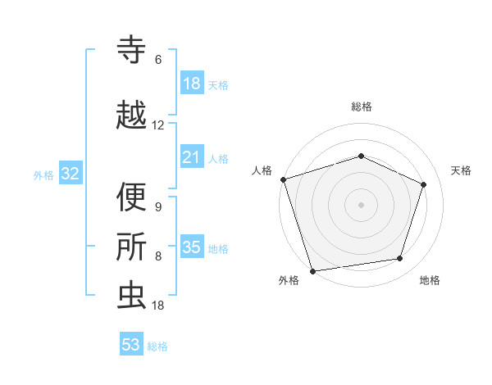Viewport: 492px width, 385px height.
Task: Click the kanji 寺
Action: click(131, 51)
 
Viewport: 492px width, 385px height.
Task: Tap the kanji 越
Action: click(131, 115)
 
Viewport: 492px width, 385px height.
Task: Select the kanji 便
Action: click(131, 198)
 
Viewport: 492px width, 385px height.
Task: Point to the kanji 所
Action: click(131, 247)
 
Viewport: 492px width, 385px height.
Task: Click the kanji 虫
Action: click(131, 296)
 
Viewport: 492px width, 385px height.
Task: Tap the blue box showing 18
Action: click(192, 84)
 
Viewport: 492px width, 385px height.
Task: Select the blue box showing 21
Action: click(192, 157)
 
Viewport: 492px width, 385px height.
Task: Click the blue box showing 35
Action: click(192, 247)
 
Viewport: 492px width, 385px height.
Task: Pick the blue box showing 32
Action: click(70, 174)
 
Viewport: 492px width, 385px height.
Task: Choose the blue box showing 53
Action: click(131, 345)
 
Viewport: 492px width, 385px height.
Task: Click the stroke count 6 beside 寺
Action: click(158, 60)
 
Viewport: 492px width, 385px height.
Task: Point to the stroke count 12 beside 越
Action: click(158, 125)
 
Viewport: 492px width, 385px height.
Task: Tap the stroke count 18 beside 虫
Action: click(158, 305)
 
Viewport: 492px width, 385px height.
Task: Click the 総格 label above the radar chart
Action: click(362, 106)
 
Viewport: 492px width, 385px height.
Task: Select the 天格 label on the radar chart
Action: click(462, 170)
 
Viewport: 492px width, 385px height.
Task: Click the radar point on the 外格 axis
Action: click(312, 269)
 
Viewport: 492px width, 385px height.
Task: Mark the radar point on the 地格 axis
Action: click(400, 259)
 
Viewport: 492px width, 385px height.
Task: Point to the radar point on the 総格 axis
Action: click(362, 156)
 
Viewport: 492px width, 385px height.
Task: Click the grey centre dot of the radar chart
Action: click(362, 204)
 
